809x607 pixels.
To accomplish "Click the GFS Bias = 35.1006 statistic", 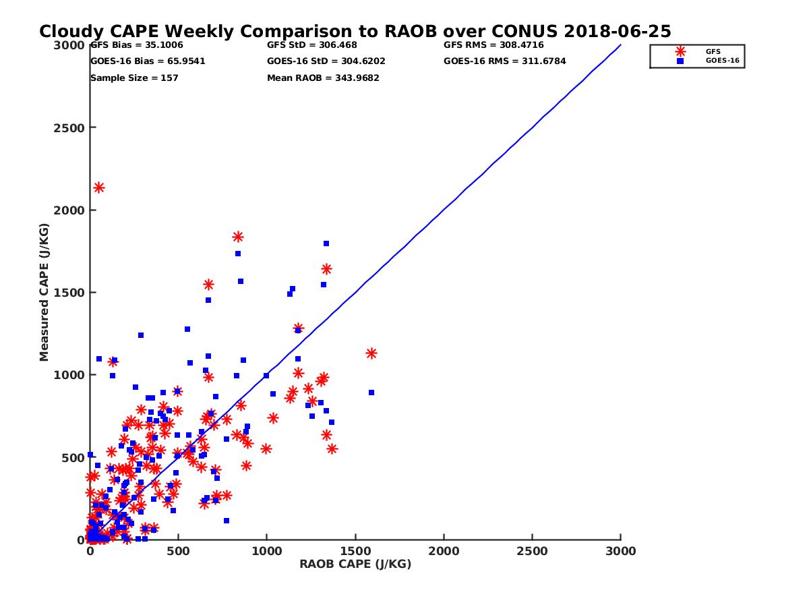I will point(133,45).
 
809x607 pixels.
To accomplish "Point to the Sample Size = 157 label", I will point(134,78).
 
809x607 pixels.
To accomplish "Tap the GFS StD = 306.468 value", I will point(312,45).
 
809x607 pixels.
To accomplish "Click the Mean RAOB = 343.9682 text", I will point(323,78).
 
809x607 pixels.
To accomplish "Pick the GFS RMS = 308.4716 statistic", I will point(493,45).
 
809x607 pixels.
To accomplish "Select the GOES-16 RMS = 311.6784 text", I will point(504,61).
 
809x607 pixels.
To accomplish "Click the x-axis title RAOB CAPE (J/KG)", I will point(355,564).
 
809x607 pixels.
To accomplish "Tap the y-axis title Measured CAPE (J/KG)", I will point(44,293).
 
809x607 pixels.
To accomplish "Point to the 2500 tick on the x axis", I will point(533,551).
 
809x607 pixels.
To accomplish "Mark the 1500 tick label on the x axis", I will point(356,551).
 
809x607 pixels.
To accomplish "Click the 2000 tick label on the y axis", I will point(69,210).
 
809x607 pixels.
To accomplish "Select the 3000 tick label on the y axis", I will point(69,45).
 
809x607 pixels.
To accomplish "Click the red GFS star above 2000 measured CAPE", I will point(98,187).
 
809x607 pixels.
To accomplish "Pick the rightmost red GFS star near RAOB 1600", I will point(371,353).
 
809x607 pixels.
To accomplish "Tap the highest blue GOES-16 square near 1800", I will point(326,243).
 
